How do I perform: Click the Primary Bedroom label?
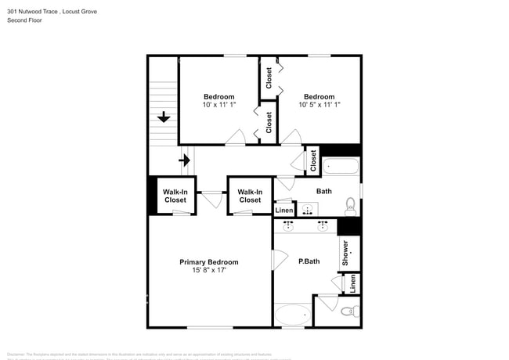(208, 262)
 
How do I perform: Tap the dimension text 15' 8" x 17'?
(208, 271)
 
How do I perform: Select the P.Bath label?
(309, 261)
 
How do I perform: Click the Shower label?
(345, 252)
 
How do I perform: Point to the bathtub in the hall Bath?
(341, 166)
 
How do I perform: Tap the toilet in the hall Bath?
(350, 207)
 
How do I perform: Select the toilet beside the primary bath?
(348, 311)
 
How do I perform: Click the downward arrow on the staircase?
(163, 117)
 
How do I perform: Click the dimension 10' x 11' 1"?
(218, 105)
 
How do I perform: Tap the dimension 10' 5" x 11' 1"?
(319, 105)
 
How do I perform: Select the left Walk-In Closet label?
(175, 196)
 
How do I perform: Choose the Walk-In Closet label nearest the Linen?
(250, 196)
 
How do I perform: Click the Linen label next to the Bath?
(283, 211)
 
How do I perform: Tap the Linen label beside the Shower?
(352, 283)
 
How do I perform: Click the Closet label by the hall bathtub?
(313, 160)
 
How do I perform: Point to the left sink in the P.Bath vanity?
(288, 227)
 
